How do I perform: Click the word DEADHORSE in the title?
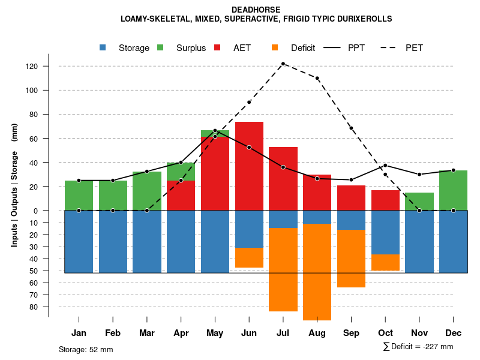click(256, 10)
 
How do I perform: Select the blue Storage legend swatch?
click(103, 48)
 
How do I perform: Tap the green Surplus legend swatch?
click(161, 48)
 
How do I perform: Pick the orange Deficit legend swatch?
click(275, 48)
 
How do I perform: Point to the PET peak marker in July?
click(283, 64)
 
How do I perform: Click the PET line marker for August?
click(317, 78)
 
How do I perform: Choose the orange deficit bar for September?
click(351, 259)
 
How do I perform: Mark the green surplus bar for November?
click(419, 202)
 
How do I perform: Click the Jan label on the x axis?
click(79, 333)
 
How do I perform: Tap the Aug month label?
click(317, 333)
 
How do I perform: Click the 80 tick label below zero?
click(34, 307)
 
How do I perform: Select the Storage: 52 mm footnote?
click(86, 349)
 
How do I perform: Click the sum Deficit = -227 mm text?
click(418, 347)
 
